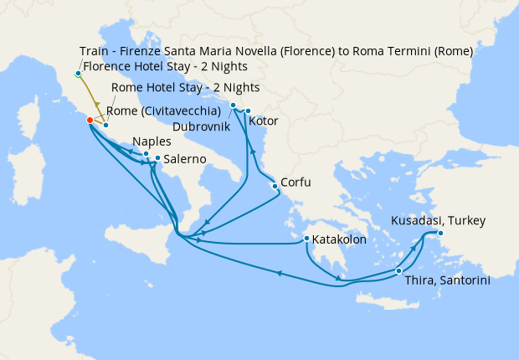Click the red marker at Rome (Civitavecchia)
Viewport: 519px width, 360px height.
90,120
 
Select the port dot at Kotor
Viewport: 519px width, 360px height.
248,111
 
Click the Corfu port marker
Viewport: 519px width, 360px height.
275,185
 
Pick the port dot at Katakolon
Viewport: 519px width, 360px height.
307,239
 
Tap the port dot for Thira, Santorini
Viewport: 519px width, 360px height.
398,270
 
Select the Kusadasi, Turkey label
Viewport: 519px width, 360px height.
438,221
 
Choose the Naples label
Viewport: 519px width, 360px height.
151,142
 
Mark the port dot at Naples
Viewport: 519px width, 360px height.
146,153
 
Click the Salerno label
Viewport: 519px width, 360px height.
187,158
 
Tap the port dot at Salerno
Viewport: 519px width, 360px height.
157,157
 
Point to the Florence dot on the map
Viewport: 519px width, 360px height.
78,74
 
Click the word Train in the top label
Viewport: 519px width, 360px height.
95,51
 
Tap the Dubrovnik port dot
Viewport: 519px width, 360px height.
233,105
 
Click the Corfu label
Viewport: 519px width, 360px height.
296,182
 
